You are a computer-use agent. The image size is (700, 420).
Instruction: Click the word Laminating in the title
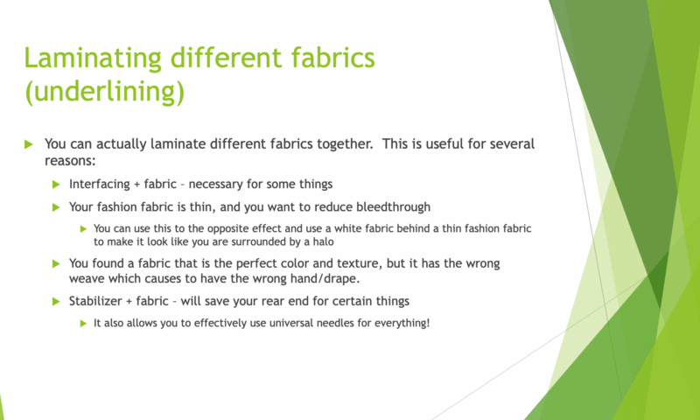click(93, 58)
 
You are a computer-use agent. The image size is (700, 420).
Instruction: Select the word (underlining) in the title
click(104, 92)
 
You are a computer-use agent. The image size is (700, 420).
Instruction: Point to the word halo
click(324, 241)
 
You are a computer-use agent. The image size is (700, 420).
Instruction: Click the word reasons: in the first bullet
click(70, 161)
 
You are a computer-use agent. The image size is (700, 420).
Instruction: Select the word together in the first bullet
click(345, 143)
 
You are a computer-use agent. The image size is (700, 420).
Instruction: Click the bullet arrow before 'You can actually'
click(29, 144)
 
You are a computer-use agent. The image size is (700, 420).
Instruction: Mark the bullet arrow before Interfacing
click(56, 185)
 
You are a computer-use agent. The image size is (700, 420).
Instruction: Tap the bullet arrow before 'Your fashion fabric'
click(56, 207)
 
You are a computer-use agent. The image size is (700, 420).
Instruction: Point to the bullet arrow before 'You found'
click(56, 263)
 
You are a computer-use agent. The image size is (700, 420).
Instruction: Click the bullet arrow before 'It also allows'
click(83, 323)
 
